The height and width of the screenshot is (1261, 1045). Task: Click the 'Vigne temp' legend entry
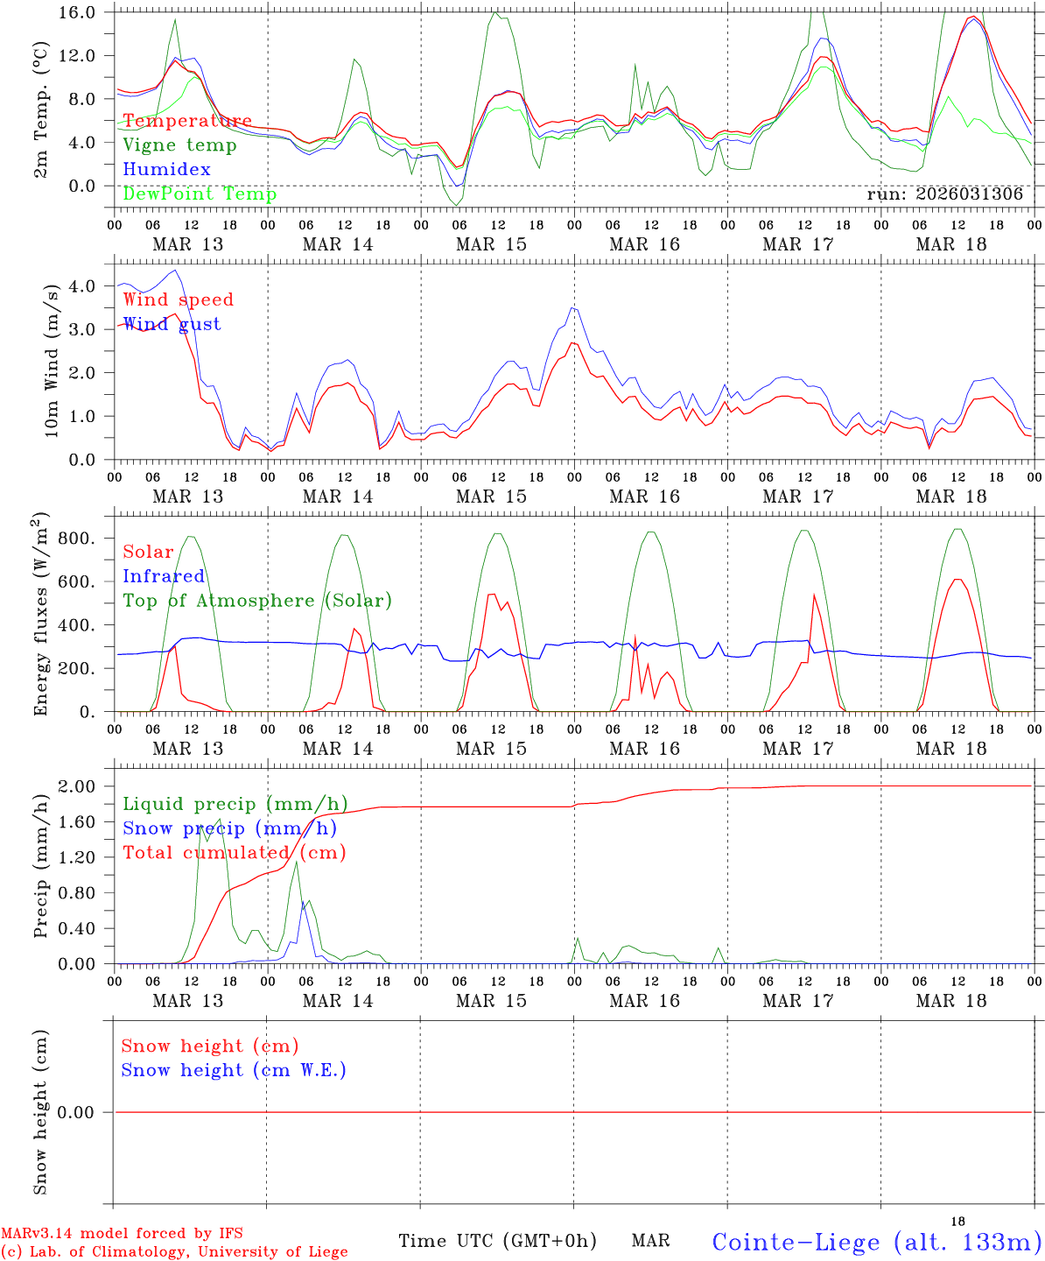point(179,145)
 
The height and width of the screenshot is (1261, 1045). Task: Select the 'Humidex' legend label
point(166,170)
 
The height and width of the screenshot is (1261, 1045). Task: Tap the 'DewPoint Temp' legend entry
point(200,194)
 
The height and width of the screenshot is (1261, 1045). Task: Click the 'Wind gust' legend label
point(172,324)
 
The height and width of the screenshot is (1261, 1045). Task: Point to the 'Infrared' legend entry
point(164,576)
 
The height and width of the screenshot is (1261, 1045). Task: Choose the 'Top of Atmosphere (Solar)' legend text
point(256,601)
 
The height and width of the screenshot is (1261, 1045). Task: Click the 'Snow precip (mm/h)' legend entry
point(229,828)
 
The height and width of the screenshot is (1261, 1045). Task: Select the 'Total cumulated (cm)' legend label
point(234,852)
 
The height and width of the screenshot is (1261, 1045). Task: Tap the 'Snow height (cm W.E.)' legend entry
point(233,1070)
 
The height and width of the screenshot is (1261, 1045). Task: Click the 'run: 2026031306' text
point(944,194)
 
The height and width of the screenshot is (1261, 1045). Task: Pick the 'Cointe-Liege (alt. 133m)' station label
point(876,1242)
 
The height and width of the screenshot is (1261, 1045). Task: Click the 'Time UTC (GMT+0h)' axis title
point(497,1241)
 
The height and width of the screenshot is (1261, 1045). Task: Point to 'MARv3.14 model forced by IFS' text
point(122,1234)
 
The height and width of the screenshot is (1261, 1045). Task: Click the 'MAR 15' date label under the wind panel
point(491,497)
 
